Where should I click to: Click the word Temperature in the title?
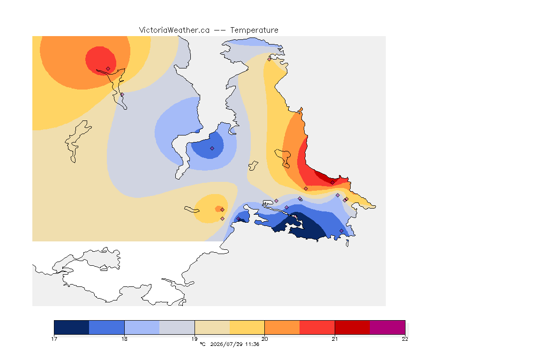(254, 30)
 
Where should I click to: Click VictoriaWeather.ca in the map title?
(174, 30)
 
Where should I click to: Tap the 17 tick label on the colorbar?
(54, 339)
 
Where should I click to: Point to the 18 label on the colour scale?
(124, 339)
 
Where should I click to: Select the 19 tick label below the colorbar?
(195, 339)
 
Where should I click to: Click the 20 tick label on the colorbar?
(264, 339)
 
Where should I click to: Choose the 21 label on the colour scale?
(335, 339)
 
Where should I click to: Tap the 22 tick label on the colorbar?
(405, 339)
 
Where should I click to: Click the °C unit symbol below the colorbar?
(202, 344)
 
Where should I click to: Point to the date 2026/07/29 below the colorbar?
(226, 344)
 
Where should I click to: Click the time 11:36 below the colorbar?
(252, 344)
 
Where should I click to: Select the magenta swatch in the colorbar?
(388, 327)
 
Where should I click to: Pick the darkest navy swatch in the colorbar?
(72, 327)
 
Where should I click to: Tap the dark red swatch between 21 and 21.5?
(352, 327)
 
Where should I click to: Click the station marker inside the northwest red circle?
(108, 69)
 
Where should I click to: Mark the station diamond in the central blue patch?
(212, 149)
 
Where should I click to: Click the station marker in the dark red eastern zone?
(332, 183)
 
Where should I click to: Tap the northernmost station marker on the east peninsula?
(270, 59)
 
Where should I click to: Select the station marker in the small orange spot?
(223, 210)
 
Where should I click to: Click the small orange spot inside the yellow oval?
(219, 209)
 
